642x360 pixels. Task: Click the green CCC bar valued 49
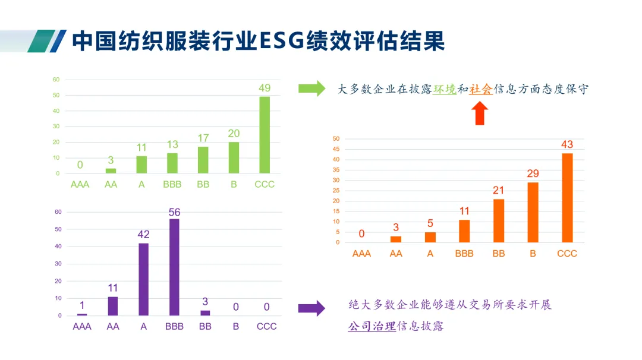265,135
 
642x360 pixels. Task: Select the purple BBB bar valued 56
174,267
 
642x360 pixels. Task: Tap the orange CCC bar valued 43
567,198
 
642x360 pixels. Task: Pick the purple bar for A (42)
143,279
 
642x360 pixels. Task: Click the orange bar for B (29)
533,212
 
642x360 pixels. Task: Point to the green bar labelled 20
234,157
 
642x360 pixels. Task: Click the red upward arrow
481,113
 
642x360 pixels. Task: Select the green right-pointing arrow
311,89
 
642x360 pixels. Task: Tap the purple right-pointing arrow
311,308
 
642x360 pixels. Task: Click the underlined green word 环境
444,89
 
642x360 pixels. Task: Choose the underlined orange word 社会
481,89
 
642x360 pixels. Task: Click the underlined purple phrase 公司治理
372,326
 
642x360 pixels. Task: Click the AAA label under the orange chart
361,254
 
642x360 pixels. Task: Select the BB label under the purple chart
205,326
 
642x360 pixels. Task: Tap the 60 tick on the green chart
56,80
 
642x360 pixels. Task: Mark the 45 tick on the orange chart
336,149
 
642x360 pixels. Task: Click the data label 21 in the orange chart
498,190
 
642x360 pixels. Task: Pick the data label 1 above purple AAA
82,305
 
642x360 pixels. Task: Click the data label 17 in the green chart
203,138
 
